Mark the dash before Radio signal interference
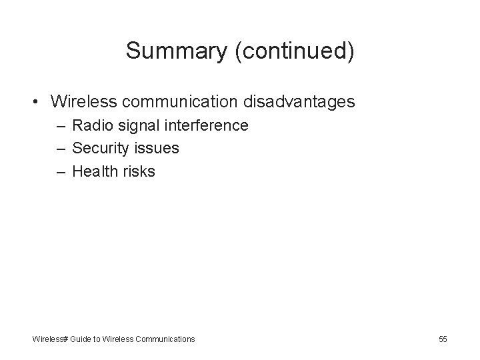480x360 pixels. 61,126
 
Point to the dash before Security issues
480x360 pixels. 61,149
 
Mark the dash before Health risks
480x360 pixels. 61,171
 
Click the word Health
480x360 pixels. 94,171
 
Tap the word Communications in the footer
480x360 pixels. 165,339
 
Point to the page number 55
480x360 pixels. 443,339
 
